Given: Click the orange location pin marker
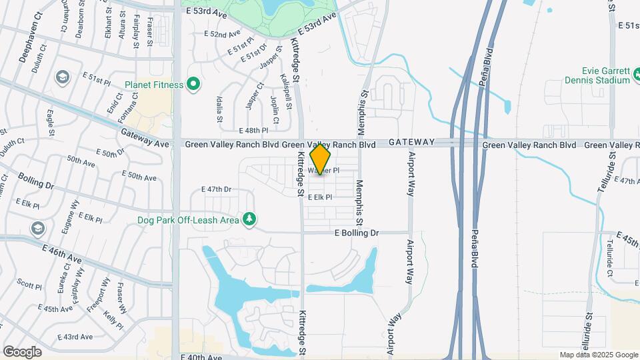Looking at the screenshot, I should [x=320, y=160].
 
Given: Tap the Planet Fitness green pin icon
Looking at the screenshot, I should [x=193, y=84].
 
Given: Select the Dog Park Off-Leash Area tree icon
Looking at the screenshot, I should [x=249, y=219].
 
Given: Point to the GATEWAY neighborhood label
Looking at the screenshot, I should [x=412, y=142].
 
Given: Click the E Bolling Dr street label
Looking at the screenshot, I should [x=356, y=233].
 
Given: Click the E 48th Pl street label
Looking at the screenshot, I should [x=253, y=131].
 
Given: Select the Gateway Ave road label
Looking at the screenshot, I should [x=145, y=139].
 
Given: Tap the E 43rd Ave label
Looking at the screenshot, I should [x=75, y=337].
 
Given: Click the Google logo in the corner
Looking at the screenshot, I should [x=22, y=351].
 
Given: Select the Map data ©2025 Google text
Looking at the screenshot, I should [x=599, y=355].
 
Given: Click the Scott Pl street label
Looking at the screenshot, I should [x=29, y=283].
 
